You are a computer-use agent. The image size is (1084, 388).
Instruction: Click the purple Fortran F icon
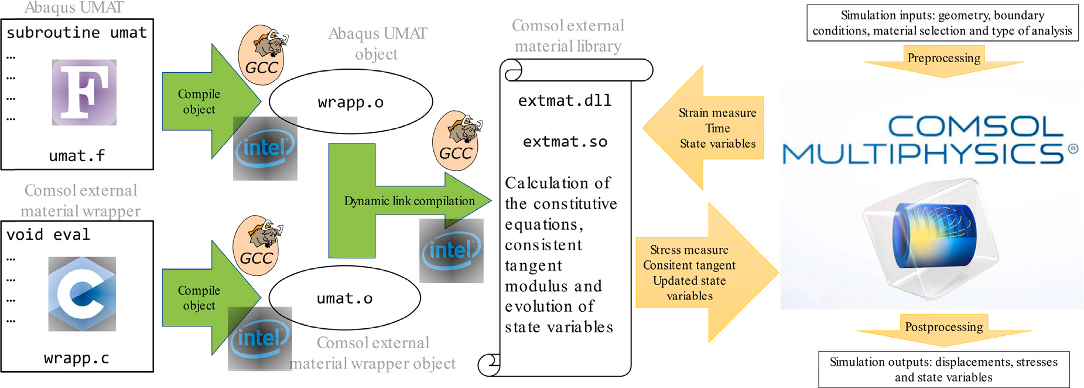point(84,92)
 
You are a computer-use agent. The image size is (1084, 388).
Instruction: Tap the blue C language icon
point(82,294)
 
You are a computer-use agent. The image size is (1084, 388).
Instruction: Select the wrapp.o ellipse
point(351,102)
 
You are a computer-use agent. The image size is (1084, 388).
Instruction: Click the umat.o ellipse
point(344,298)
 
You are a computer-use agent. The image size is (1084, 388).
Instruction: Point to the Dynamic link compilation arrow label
point(409,201)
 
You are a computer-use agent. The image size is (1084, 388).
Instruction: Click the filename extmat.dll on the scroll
point(565,101)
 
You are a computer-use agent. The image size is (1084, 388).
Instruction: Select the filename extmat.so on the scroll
point(565,142)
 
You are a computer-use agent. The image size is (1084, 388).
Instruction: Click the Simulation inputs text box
point(942,23)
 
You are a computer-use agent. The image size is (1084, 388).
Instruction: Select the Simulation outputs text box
point(943,369)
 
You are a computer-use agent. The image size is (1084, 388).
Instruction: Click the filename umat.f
point(77,156)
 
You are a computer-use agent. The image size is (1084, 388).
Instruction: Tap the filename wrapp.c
point(77,358)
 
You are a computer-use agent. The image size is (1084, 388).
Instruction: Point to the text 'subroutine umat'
point(77,33)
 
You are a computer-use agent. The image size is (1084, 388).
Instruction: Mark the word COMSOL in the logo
point(975,126)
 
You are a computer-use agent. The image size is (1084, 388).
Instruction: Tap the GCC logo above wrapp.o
point(262,54)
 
